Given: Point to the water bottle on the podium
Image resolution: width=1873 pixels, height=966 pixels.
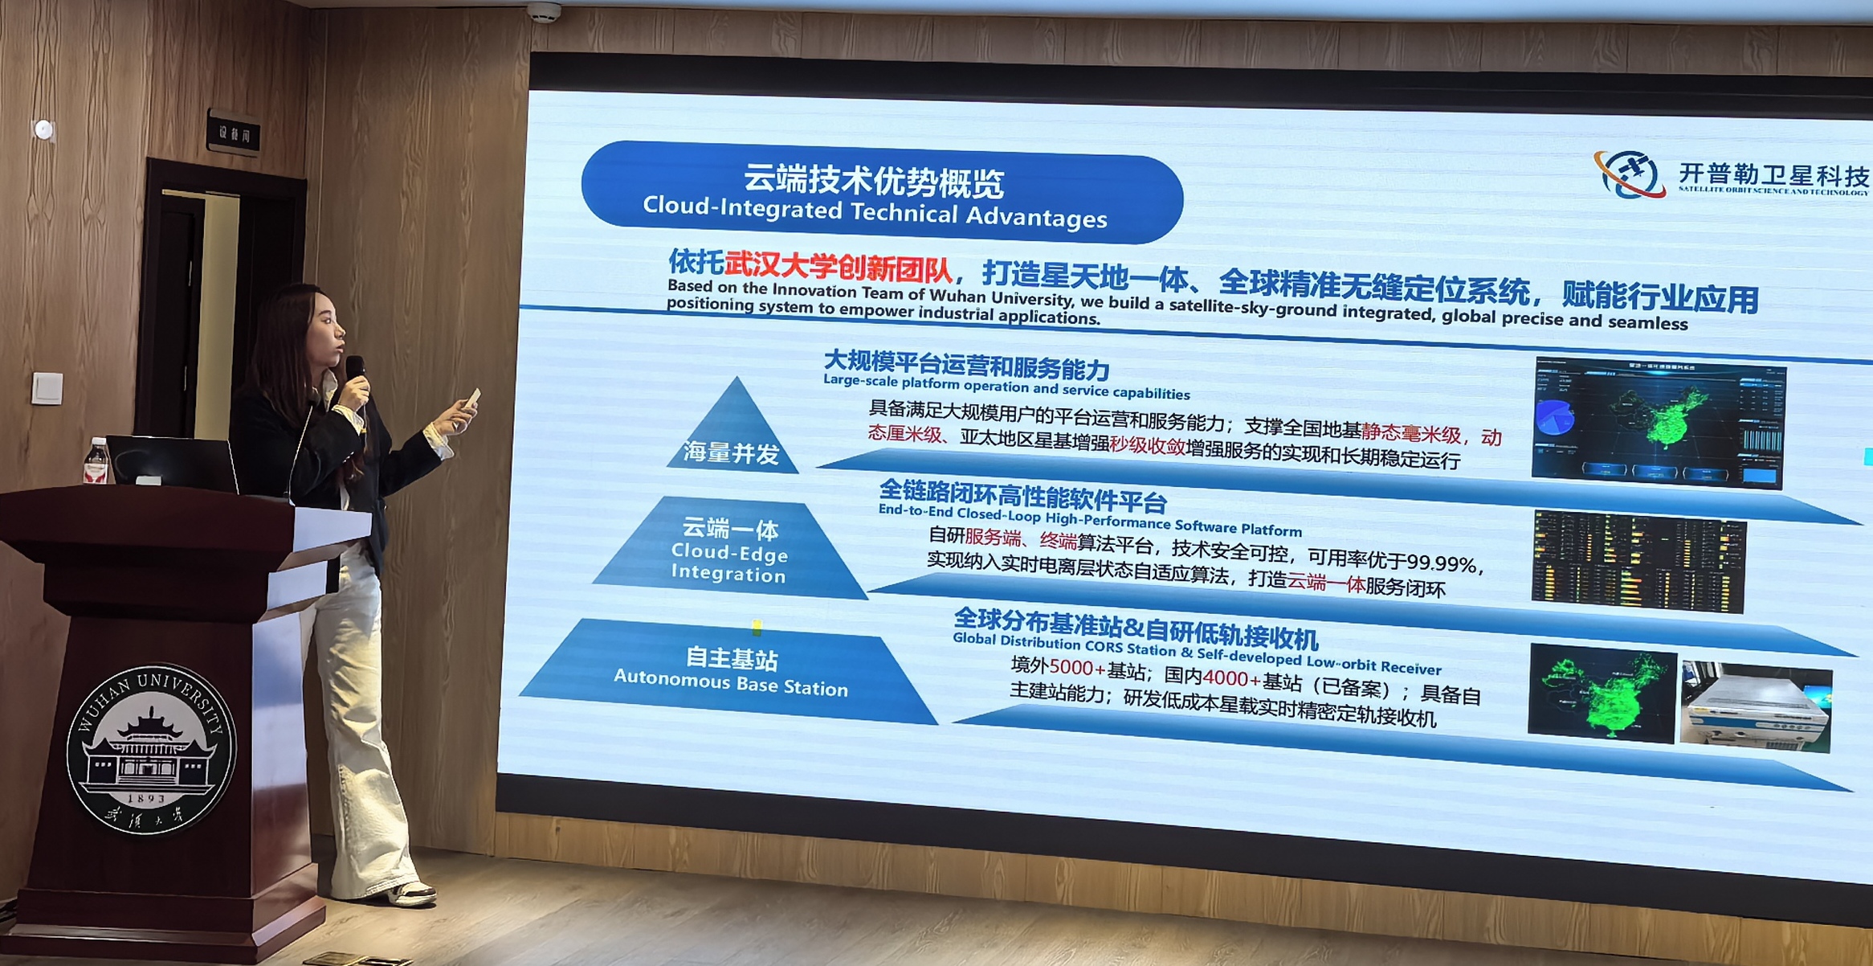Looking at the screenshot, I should tap(96, 461).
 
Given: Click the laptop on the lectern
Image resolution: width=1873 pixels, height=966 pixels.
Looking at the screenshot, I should tap(173, 464).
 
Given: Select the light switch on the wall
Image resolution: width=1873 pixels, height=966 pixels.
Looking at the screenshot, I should tap(47, 388).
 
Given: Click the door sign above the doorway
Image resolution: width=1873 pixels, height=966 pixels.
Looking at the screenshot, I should tap(234, 132).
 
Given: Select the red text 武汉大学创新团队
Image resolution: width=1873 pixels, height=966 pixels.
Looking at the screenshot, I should tap(838, 267).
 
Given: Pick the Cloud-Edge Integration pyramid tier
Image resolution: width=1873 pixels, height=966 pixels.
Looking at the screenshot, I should tap(729, 551).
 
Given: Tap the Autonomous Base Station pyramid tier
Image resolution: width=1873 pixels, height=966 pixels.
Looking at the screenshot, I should tap(729, 671).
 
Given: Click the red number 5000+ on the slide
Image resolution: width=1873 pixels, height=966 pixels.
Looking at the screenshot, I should tap(1076, 667).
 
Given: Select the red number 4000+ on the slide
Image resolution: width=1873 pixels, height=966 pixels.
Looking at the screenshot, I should tap(1230, 677).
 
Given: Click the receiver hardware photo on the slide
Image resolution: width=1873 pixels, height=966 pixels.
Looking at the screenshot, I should tap(1756, 707).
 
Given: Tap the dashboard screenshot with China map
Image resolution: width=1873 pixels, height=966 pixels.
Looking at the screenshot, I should tap(1659, 424).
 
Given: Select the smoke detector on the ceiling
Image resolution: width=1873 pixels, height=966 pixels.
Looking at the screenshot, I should tap(544, 11).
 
